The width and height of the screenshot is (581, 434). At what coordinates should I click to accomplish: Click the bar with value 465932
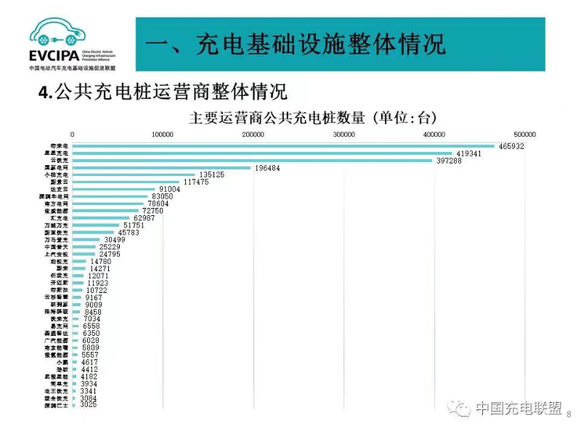pyautogui.click(x=283, y=146)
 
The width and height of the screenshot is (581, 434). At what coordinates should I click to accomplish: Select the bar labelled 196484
pyautogui.click(x=161, y=168)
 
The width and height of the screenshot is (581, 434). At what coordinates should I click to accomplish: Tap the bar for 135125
pyautogui.click(x=134, y=175)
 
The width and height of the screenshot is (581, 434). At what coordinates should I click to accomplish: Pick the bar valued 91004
pyautogui.click(x=114, y=189)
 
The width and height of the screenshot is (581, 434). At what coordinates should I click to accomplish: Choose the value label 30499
pyautogui.click(x=118, y=239)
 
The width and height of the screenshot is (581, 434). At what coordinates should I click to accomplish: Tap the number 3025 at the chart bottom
pyautogui.click(x=89, y=405)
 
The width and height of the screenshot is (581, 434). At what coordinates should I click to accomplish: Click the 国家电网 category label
pyautogui.click(x=57, y=168)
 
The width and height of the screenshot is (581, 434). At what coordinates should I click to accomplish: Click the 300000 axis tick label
pyautogui.click(x=344, y=134)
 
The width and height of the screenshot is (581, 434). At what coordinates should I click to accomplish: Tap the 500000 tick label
pyautogui.click(x=524, y=134)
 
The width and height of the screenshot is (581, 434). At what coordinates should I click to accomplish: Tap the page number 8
pyautogui.click(x=569, y=414)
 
